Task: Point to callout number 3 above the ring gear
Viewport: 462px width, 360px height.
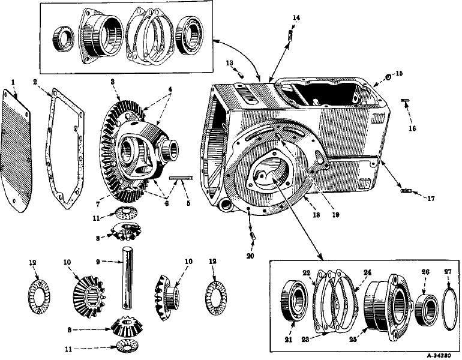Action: point(112,82)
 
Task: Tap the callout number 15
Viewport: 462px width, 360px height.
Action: point(399,74)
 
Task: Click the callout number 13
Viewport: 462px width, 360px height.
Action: point(229,62)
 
